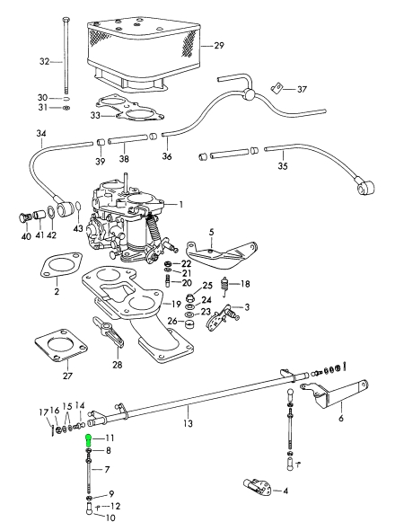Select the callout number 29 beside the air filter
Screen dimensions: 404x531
[x=219, y=46]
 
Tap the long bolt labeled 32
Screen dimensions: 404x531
[x=65, y=55]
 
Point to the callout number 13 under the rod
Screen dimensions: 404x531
[x=188, y=423]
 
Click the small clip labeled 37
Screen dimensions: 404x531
[x=276, y=88]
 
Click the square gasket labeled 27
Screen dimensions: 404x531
[x=61, y=345]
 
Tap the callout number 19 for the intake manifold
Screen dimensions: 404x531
[x=176, y=304]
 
